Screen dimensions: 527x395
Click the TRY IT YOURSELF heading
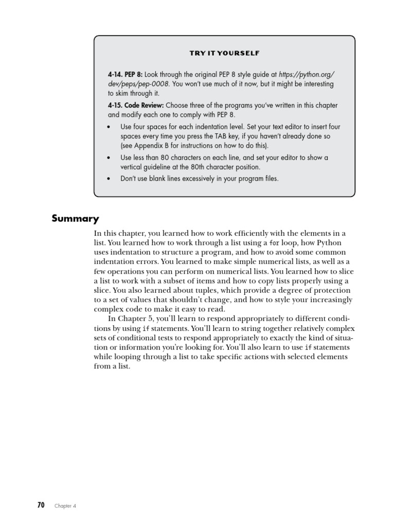(x=224, y=53)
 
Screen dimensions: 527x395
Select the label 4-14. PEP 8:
(x=121, y=74)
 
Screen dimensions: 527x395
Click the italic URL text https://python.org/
(x=307, y=74)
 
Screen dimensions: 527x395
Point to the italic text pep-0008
(x=154, y=84)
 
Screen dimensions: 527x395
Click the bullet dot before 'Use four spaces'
(x=109, y=127)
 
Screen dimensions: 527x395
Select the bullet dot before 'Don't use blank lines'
(x=109, y=179)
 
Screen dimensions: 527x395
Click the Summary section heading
(x=75, y=219)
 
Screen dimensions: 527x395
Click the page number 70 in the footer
(x=41, y=505)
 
